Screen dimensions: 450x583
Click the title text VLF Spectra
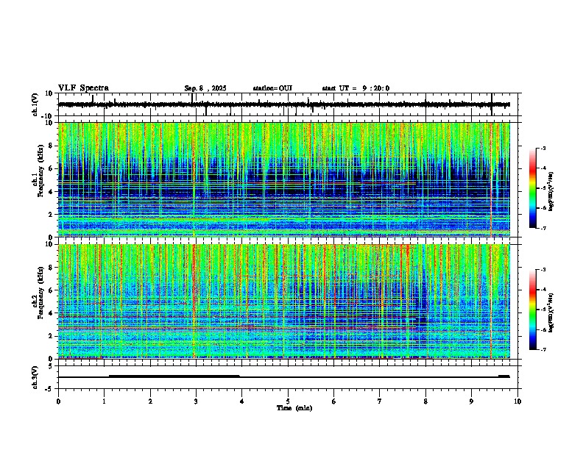click(83, 88)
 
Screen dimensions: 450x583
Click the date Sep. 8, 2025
click(205, 88)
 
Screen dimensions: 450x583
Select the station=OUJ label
click(272, 88)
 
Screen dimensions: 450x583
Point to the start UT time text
click(356, 88)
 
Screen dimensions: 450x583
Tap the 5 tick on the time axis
click(288, 401)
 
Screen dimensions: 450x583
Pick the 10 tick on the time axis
click(517, 401)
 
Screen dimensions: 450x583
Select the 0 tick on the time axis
click(58, 401)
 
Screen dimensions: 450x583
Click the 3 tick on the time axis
click(196, 401)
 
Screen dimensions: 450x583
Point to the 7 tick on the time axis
click(380, 401)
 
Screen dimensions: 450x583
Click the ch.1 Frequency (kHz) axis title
click(39, 181)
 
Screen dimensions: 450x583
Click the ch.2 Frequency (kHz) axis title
click(39, 302)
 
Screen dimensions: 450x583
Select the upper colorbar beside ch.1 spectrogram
click(532, 187)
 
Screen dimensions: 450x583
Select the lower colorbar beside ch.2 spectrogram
click(532, 309)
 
